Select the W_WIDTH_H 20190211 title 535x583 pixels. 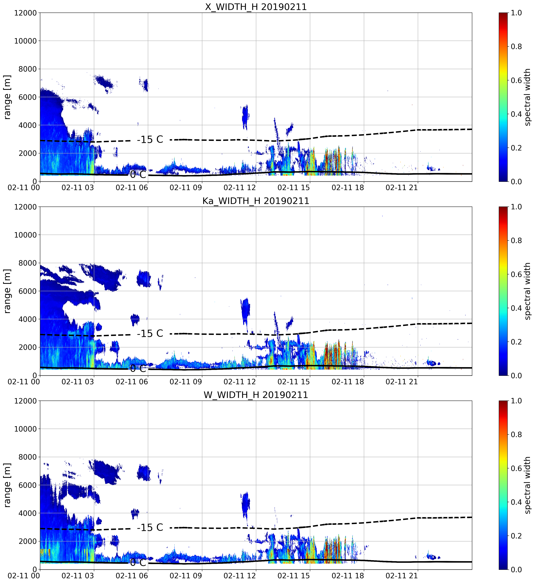click(256, 395)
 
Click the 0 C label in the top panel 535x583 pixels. click(138, 175)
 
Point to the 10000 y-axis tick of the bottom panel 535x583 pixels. click(25, 429)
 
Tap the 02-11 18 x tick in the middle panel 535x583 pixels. click(348, 381)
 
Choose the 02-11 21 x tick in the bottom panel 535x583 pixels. click(402, 576)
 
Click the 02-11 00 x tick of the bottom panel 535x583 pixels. click(24, 576)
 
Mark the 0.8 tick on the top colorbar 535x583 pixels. click(516, 46)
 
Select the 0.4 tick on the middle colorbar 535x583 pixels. click(516, 308)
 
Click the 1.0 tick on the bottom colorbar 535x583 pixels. click(516, 401)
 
